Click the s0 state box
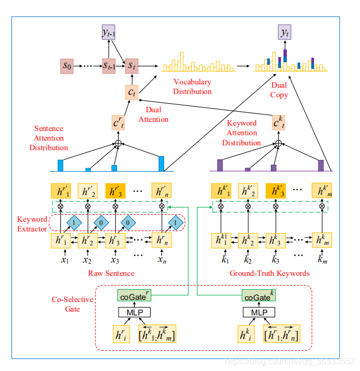pyautogui.click(x=67, y=66)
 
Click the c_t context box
pyautogui.click(x=131, y=92)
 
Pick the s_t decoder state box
pyautogui.click(x=131, y=66)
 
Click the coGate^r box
pyautogui.click(x=133, y=296)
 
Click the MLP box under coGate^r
pyautogui.click(x=133, y=312)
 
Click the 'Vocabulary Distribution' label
pyautogui.click(x=192, y=87)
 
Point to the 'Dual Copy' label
pyautogui.click(x=279, y=90)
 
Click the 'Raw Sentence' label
pyautogui.click(x=111, y=273)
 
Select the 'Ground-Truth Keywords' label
pyautogui.click(x=269, y=273)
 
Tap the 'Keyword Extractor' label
pyautogui.click(x=32, y=223)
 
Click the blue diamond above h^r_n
pyautogui.click(x=176, y=222)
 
